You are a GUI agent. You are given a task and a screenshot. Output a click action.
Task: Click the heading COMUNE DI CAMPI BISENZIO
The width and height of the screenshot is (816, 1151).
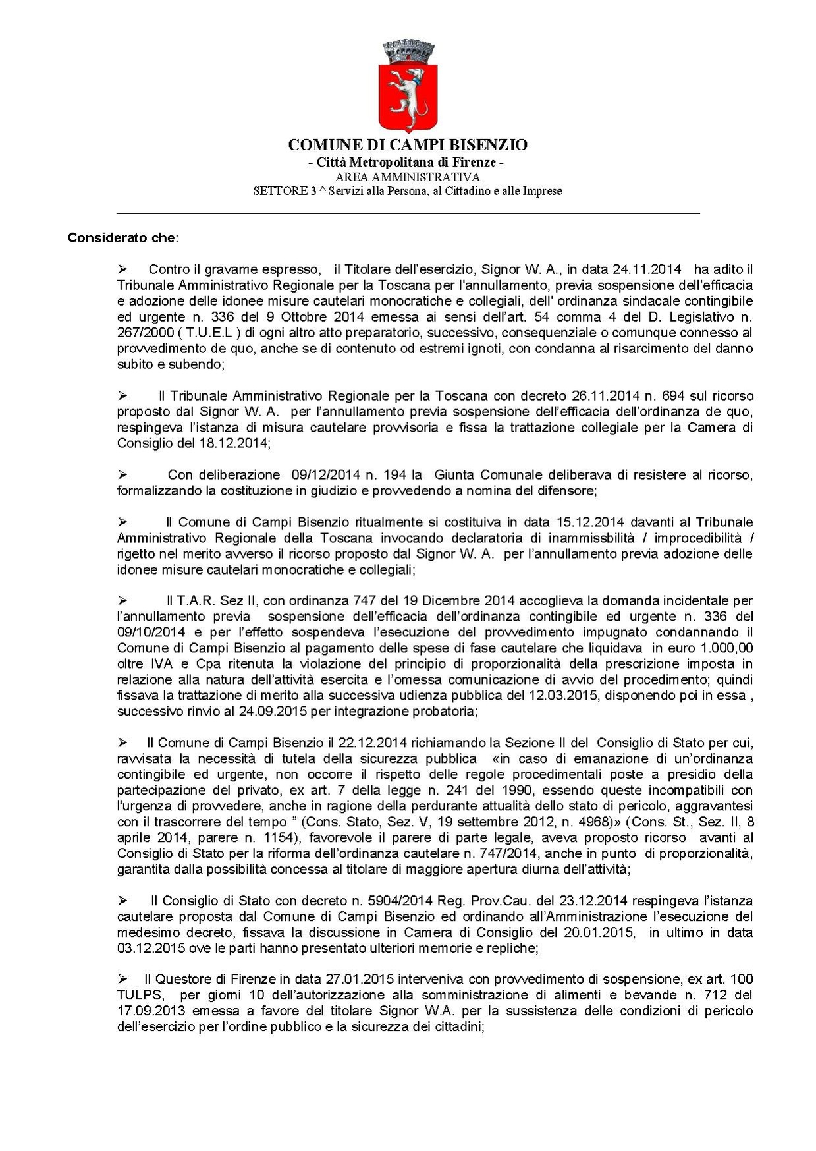(408, 145)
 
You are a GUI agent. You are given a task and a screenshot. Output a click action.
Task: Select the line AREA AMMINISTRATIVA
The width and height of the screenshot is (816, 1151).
(408, 177)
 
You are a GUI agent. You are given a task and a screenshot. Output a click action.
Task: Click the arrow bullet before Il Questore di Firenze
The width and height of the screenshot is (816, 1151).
(122, 979)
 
